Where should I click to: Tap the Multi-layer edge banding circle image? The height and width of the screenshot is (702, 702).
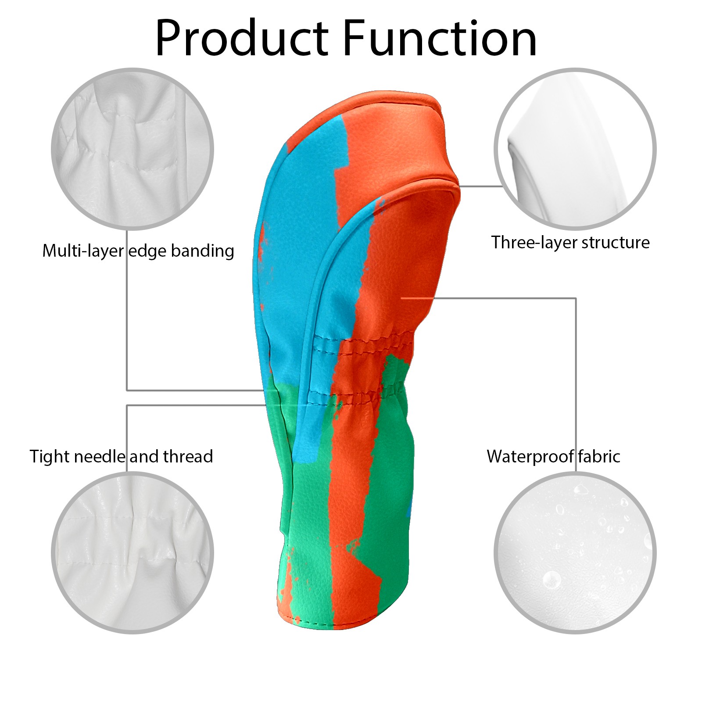[133, 149]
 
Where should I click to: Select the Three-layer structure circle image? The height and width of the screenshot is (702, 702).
[575, 149]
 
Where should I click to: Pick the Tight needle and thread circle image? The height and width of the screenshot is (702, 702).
[133, 553]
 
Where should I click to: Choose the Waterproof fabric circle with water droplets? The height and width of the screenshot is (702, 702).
[575, 553]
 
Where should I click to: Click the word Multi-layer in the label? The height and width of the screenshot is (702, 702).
[83, 251]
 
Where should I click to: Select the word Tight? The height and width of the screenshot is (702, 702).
[50, 457]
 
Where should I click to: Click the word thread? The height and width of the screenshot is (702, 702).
[188, 456]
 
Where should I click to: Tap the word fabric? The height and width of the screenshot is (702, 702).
[599, 456]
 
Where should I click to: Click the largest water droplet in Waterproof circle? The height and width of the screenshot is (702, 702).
[552, 580]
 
